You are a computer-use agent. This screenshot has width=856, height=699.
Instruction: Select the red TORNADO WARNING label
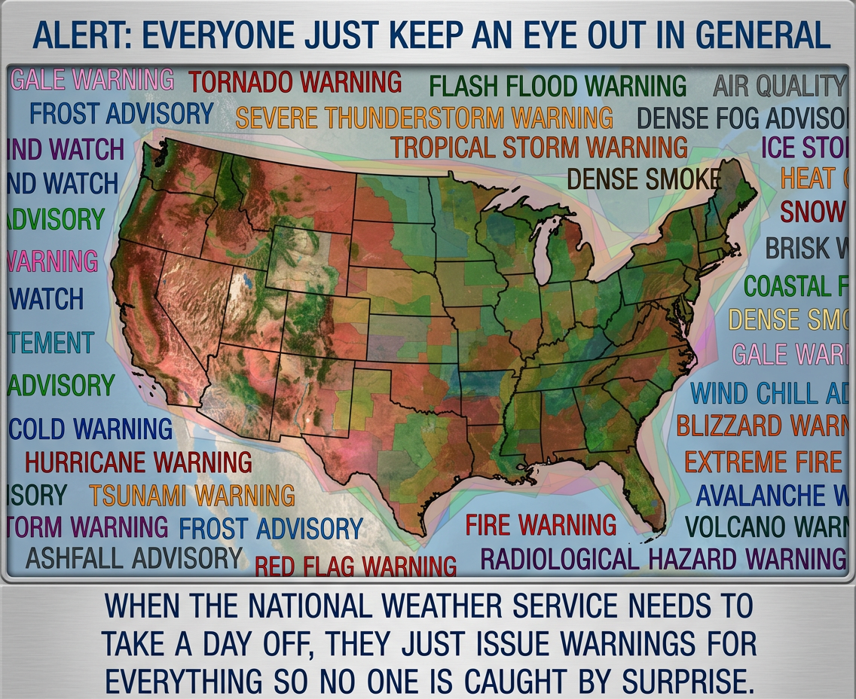295,81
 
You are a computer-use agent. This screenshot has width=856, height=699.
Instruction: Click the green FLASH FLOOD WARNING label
558,86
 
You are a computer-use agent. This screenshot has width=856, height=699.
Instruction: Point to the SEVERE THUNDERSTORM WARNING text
423,118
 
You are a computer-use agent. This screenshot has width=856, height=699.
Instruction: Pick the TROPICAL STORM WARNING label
539,147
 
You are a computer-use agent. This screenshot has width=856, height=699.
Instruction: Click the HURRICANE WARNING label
139,462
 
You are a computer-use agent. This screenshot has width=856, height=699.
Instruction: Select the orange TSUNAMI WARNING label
192,495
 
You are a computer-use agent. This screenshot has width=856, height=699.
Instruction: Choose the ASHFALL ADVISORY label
134,558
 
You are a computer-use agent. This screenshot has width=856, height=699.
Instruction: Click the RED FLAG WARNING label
356,566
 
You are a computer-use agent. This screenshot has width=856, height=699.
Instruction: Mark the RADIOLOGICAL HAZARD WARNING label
662,559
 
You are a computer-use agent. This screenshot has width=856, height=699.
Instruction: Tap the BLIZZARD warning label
761,426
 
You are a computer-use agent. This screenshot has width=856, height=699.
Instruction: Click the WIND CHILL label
769,393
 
